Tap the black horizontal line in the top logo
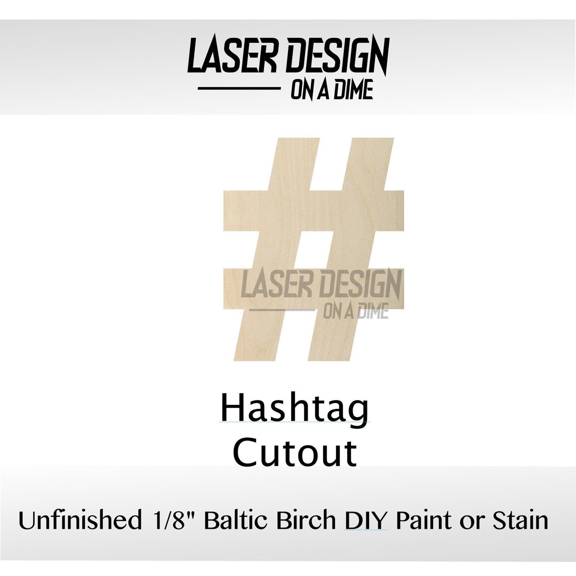coord(239,89)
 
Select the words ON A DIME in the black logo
coord(331,90)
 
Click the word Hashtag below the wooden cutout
coord(294,409)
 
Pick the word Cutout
coord(294,453)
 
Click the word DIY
coord(366,520)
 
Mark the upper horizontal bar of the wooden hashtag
coord(314,210)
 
